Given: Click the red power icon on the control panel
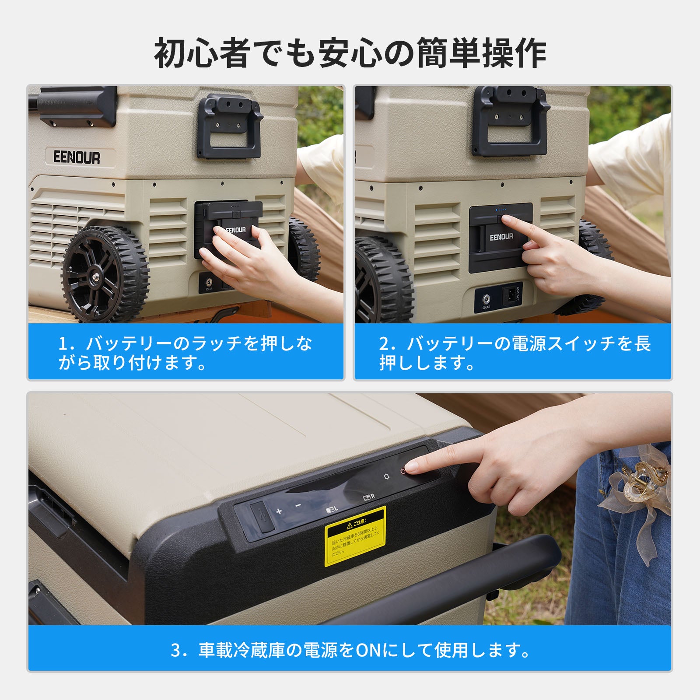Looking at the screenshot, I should (x=403, y=471).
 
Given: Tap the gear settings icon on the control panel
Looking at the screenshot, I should (x=386, y=476).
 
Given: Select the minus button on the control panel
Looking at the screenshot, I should (x=298, y=506).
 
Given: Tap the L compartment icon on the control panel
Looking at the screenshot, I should (x=332, y=510).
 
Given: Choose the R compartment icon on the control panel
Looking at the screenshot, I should (x=369, y=497).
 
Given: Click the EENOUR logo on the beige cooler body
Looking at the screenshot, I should (x=77, y=157).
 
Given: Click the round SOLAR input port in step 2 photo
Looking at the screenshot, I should (x=486, y=299).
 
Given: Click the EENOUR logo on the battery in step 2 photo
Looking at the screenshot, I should (x=501, y=237).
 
